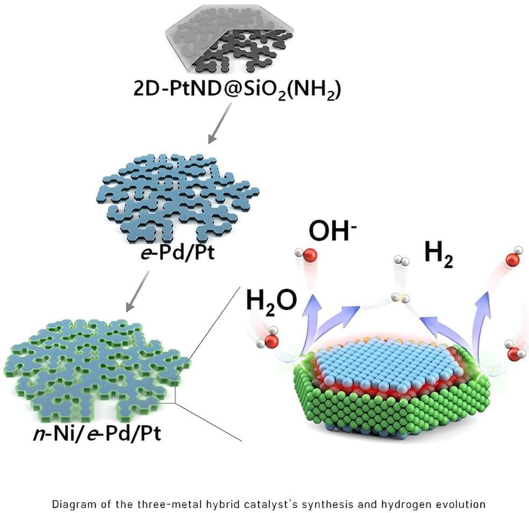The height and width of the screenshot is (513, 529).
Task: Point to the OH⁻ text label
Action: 333,231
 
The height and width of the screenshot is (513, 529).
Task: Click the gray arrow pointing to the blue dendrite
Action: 220,123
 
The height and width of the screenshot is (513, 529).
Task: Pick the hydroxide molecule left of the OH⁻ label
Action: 306,254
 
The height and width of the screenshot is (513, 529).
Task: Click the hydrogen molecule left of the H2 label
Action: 402,261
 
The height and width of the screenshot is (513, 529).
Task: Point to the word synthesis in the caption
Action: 327,504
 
